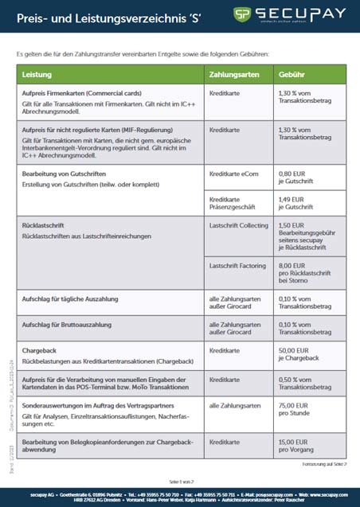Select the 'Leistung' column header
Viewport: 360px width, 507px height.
[38, 74]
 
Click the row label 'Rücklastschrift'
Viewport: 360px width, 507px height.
[47, 226]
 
